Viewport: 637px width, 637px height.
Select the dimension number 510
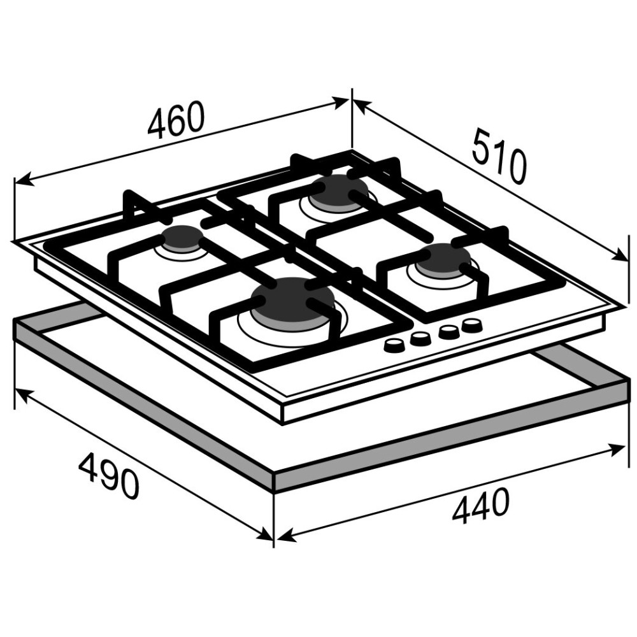(499, 155)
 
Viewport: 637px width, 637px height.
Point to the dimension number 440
(480, 506)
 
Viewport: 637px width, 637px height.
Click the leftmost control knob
(393, 346)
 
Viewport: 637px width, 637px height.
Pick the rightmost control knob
(471, 325)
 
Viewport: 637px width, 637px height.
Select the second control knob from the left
(420, 338)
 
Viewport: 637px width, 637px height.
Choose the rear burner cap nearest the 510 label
(338, 192)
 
